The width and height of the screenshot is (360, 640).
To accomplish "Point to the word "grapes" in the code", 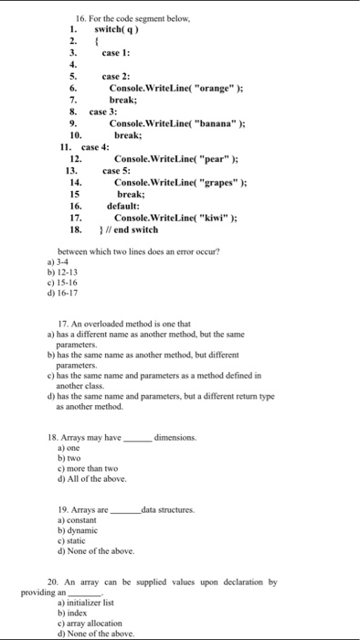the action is tap(198, 182).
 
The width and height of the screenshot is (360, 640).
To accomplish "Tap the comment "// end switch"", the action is tap(134, 229).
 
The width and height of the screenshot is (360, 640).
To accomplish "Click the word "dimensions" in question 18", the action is tap(175, 438).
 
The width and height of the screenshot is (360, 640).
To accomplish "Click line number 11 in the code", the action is tap(65, 146).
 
